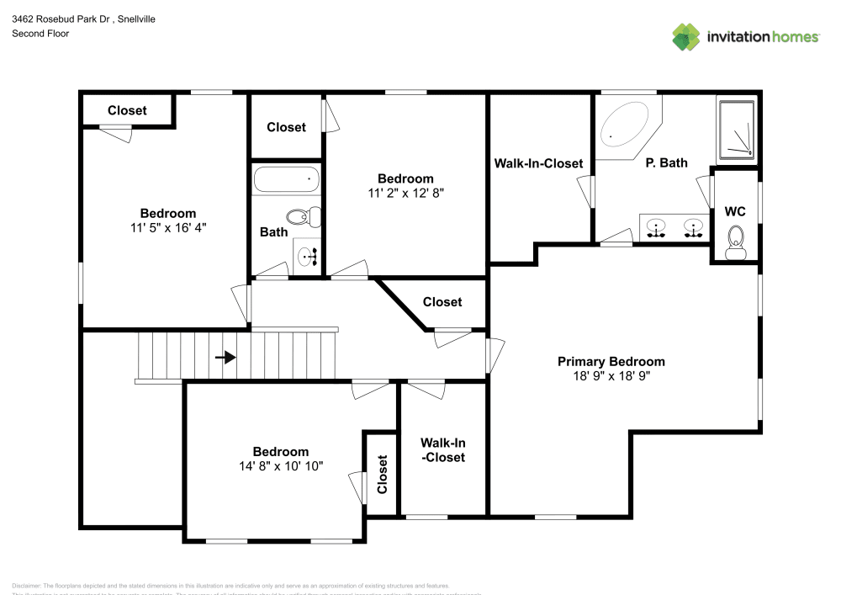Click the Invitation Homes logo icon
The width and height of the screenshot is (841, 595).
686,36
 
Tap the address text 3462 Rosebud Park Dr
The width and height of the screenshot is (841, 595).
58,18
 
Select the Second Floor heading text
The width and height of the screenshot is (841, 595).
40,34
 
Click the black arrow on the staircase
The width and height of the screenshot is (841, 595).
225,357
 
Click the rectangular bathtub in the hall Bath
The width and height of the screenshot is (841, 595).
287,179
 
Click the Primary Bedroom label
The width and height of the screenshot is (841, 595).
611,361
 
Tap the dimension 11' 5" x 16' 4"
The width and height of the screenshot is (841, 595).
168,227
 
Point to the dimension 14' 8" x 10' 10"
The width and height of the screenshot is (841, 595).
281,465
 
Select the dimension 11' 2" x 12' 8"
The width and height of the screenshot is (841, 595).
405,192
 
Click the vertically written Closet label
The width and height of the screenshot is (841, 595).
383,474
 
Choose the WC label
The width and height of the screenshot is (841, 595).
735,210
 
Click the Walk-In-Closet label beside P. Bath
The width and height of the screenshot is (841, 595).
538,163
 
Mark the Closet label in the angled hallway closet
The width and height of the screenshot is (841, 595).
442,301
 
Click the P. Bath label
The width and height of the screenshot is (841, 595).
666,163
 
